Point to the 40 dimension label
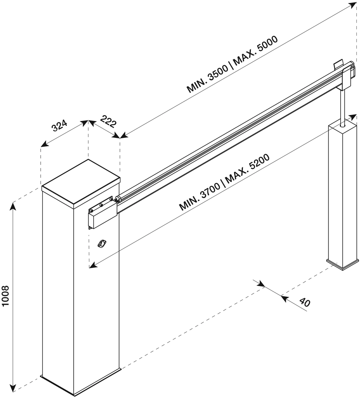pyautogui.click(x=305, y=302)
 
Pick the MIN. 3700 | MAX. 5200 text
pyautogui.click(x=224, y=182)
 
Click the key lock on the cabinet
pyautogui.click(x=102, y=243)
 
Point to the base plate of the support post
pyautogui.click(x=342, y=264)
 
